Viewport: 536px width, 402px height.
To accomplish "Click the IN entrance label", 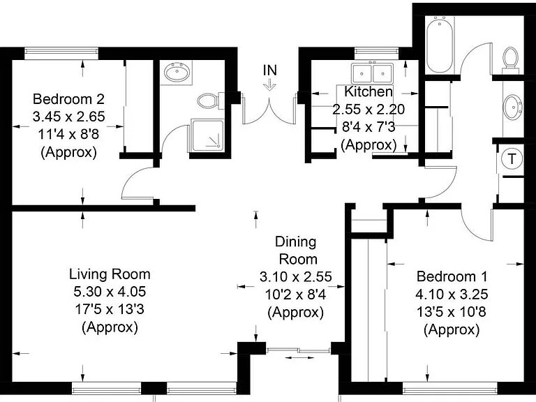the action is tap(270, 70).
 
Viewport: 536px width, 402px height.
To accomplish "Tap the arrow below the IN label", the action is tap(269, 84).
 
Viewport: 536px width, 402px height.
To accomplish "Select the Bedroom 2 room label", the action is tap(68, 99).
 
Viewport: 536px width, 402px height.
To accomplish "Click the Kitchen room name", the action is tap(368, 91).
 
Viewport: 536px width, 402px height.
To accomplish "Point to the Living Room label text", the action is tap(110, 274).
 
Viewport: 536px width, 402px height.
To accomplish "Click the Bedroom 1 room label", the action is tap(452, 276).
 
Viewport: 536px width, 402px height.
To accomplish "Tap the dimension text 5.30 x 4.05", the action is tap(110, 292).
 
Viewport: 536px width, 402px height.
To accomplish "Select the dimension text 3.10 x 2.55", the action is tap(296, 276).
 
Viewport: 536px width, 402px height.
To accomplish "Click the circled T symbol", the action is tap(512, 159).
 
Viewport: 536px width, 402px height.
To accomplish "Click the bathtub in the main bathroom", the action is tap(440, 45).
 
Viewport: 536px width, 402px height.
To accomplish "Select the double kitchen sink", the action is tap(372, 73).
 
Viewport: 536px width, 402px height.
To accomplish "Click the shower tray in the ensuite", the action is tap(207, 135).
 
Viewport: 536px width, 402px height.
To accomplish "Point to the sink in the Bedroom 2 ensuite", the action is tap(177, 73).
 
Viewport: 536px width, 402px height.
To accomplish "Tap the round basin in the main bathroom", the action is tap(513, 107).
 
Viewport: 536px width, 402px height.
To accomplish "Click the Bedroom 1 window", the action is tap(449, 389).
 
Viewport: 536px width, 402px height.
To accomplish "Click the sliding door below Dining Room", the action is tap(298, 350).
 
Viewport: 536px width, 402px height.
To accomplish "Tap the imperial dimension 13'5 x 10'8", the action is tap(452, 312).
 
